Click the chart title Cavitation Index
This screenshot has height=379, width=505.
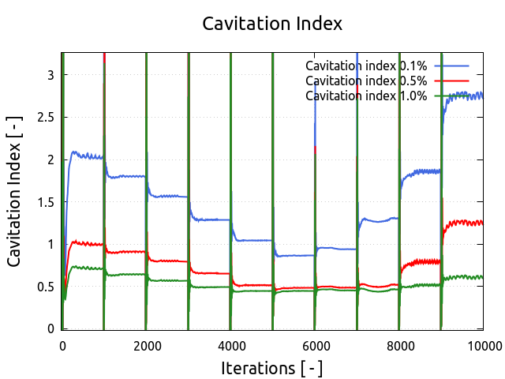(272, 24)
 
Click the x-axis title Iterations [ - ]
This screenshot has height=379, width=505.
(272, 368)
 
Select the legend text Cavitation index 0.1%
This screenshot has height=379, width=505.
(366, 66)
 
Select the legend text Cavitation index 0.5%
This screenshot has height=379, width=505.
(366, 81)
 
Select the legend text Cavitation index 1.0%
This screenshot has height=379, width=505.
(366, 96)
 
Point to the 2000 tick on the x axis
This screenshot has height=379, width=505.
(147, 345)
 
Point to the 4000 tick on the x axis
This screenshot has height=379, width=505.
(231, 345)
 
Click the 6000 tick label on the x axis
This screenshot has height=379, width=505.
(316, 345)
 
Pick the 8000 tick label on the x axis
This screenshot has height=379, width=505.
(400, 345)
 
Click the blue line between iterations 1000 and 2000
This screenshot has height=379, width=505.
(126, 176)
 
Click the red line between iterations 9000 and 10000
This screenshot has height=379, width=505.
(466, 223)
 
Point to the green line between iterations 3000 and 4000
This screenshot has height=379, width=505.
(209, 287)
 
